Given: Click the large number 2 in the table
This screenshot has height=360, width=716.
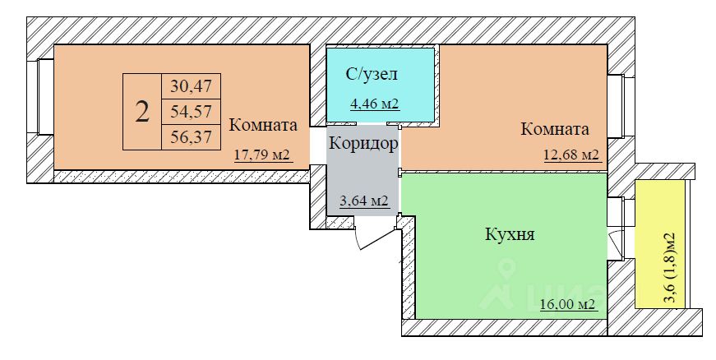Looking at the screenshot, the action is coord(142,112).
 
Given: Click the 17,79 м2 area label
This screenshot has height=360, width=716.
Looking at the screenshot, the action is coord(263,154).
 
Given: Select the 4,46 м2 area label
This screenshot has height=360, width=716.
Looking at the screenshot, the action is coord(374,104).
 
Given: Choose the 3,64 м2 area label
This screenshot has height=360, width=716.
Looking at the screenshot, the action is coord(364,201).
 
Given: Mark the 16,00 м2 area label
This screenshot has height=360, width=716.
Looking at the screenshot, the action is coord(568,305).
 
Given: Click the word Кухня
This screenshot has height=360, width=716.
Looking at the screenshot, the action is coord(510,235).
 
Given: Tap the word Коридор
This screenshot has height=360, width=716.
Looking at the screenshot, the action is coord(363,144).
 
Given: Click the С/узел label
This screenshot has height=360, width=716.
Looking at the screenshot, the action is coord(372,75).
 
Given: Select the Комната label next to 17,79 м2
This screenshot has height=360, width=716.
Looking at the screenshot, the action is coord(263,127).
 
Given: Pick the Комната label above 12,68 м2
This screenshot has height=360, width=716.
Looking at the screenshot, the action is coord(555,129).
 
